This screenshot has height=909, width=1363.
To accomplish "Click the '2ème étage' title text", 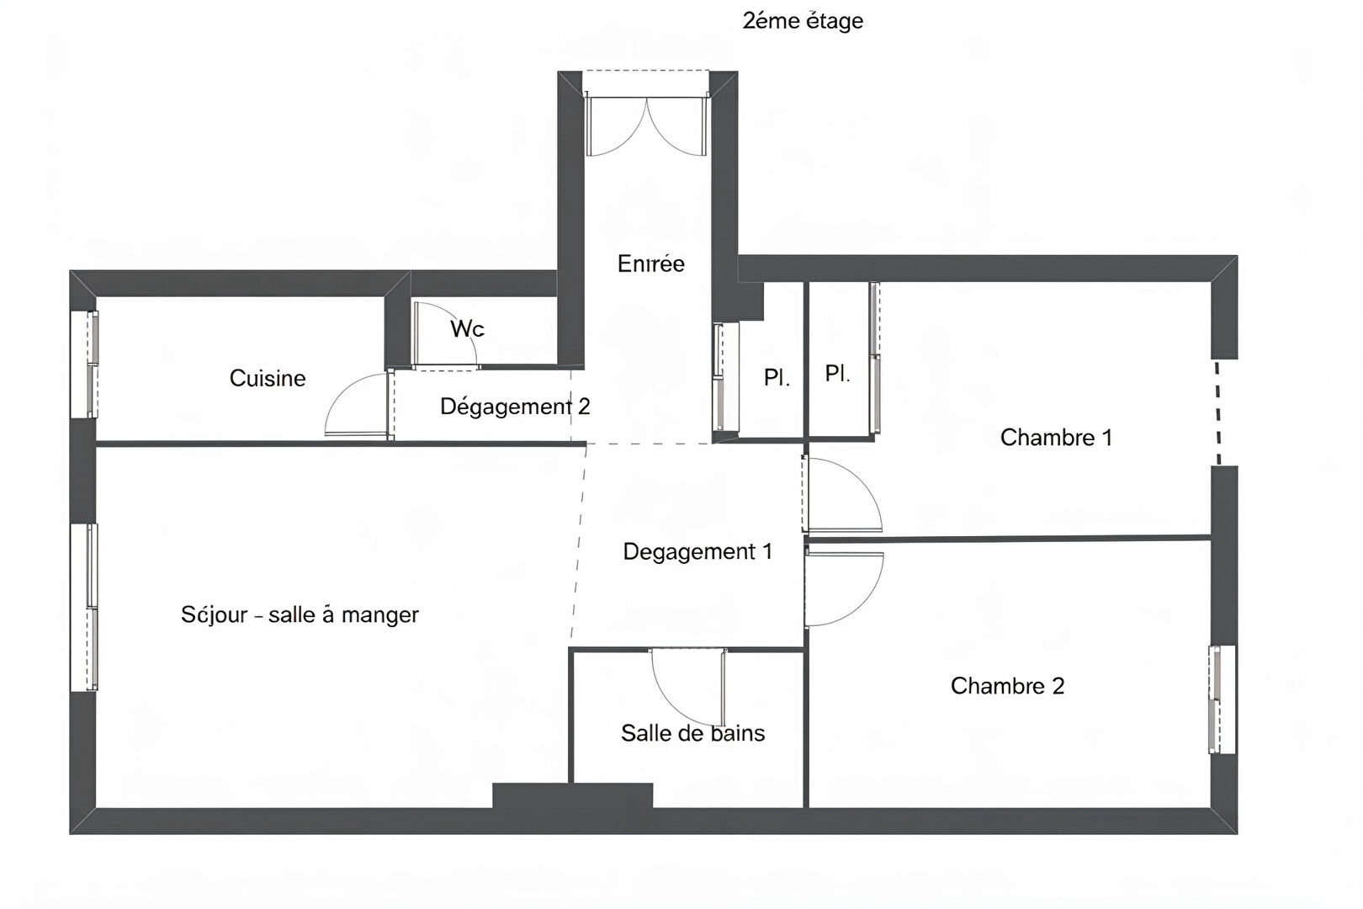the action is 803,21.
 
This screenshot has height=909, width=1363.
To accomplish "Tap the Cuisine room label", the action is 267,378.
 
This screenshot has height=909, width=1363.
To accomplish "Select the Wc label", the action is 467,329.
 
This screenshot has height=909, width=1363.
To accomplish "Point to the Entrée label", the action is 650,263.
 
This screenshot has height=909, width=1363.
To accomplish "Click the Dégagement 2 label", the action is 515,407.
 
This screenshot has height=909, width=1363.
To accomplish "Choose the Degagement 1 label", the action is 697,551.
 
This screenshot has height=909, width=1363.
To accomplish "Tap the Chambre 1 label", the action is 1057,437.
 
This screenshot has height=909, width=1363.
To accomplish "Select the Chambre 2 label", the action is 1008,686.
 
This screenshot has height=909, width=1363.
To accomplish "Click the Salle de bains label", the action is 692,733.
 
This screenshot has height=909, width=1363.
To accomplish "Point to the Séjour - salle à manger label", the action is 300,614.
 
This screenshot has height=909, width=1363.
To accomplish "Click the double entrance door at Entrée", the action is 646,125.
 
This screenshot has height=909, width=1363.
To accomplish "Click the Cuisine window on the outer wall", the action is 85,364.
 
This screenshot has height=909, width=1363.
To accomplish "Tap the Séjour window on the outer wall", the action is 85,607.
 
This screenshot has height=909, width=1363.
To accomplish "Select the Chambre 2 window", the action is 1222,699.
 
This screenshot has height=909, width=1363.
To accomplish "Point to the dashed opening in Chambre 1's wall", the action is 1218,412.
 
